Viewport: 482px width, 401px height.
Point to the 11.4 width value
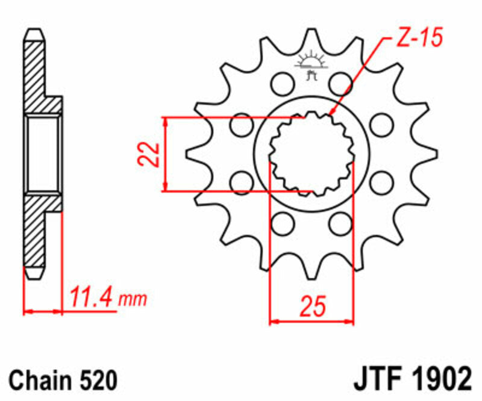[91, 297]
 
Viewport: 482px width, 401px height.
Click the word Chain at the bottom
[40, 381]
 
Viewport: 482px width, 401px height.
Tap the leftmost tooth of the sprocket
[194, 154]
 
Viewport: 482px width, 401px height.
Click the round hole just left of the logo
[280, 82]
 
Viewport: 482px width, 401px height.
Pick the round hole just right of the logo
[341, 82]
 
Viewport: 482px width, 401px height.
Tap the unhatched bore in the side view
[43, 153]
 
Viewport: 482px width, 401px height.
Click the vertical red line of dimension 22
[164, 154]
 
